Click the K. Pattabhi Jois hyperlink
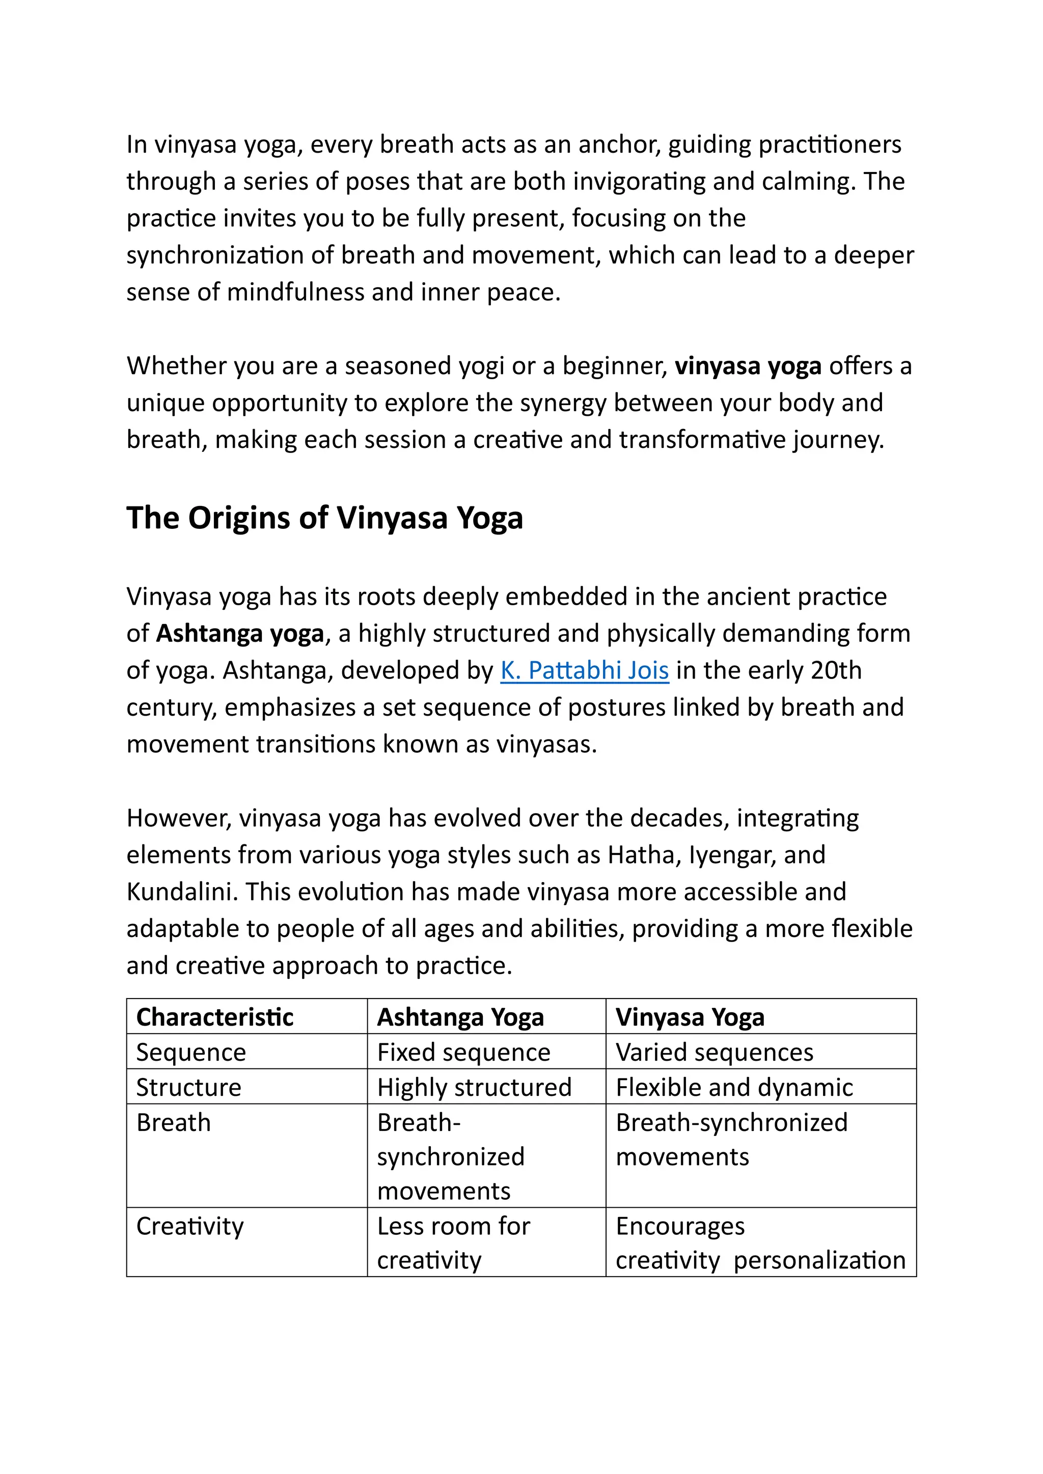[585, 670]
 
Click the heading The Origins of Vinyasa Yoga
[324, 518]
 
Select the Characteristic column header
[214, 1017]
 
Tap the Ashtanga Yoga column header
[460, 1017]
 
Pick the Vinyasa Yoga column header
[690, 1017]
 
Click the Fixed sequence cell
[464, 1052]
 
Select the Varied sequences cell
[714, 1052]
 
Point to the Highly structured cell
[474, 1088]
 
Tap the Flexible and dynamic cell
[734, 1088]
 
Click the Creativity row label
[190, 1226]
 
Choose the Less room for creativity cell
[453, 1243]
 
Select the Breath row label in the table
[173, 1123]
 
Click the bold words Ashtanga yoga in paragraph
[240, 634]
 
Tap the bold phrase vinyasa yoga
[748, 366]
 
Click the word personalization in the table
[819, 1260]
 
